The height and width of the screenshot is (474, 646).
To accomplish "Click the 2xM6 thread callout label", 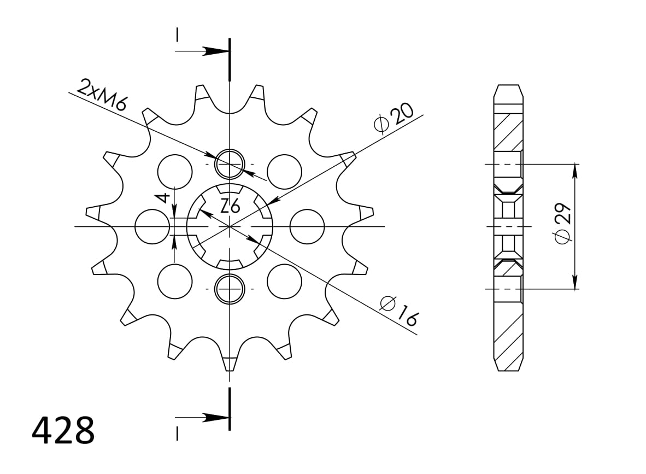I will (x=103, y=95).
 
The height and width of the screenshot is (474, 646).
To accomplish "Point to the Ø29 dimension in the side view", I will (x=562, y=223).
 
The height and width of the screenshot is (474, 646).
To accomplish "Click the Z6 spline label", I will (x=230, y=207).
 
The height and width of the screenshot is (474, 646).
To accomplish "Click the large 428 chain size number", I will (x=63, y=431).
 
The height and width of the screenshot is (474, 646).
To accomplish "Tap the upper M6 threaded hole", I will (x=230, y=163).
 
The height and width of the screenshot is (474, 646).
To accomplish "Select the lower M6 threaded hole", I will (x=230, y=289).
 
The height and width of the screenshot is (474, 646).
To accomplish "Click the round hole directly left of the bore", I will (x=152, y=226).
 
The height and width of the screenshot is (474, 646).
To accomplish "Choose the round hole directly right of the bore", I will (x=307, y=226).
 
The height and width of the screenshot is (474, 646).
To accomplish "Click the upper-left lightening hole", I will (x=175, y=171).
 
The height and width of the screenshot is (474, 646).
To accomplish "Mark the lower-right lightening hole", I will (x=284, y=281).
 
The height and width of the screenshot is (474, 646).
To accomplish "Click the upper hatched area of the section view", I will (x=508, y=131).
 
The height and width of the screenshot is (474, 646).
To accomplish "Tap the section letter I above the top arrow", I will (x=177, y=34).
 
